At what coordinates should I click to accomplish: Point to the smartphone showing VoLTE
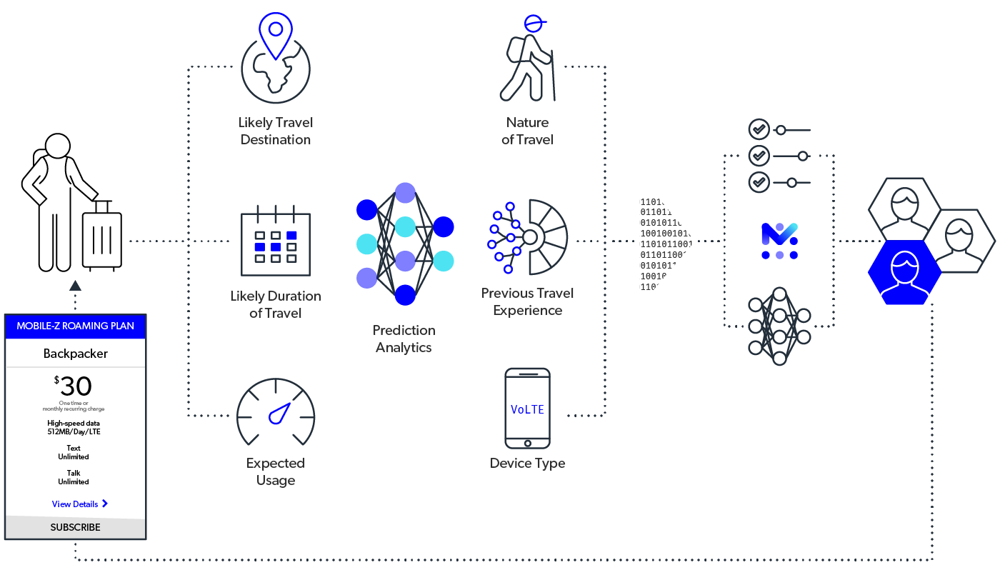pyautogui.click(x=527, y=408)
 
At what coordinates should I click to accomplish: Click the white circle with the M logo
pyautogui.click(x=779, y=240)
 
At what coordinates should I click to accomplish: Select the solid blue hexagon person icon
pyautogui.click(x=904, y=273)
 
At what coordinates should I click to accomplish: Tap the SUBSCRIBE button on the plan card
pyautogui.click(x=75, y=527)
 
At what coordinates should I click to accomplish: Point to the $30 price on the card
pyautogui.click(x=74, y=386)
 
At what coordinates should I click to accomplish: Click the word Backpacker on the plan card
pyautogui.click(x=75, y=354)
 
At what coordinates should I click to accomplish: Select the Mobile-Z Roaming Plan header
pyautogui.click(x=75, y=326)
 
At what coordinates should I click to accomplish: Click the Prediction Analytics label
pyautogui.click(x=404, y=339)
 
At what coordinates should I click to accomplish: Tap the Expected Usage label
pyautogui.click(x=276, y=471)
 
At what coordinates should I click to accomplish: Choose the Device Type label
pyautogui.click(x=527, y=463)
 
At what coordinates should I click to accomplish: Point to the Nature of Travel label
pyautogui.click(x=527, y=131)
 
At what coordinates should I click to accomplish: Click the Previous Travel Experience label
pyautogui.click(x=527, y=301)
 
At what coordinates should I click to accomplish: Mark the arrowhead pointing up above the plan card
pyautogui.click(x=75, y=286)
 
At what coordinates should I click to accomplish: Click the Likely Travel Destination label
pyautogui.click(x=276, y=131)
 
